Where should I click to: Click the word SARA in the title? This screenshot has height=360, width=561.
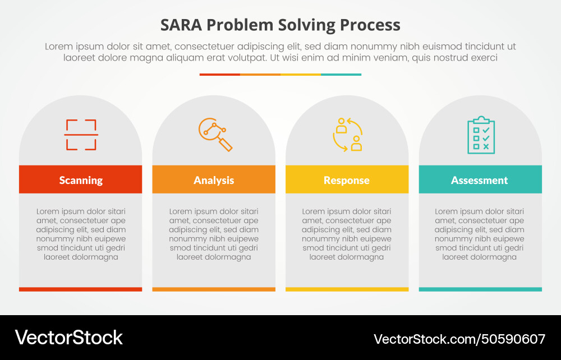pos(181,25)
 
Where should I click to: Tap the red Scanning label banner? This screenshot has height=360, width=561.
pos(80,179)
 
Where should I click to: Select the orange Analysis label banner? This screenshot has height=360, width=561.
pos(214,179)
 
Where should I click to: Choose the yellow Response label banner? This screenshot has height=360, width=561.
pos(347,179)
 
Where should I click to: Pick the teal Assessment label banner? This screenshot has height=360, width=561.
pos(480,179)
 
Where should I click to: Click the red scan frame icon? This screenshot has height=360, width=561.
pos(81,135)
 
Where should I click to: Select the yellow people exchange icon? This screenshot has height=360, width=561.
pos(347,135)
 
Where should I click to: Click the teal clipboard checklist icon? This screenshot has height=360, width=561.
pos(481,135)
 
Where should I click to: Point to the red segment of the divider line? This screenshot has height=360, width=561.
pos(219,74)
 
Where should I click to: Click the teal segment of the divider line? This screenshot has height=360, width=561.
pos(341,74)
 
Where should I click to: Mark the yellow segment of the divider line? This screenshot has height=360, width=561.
pos(301,74)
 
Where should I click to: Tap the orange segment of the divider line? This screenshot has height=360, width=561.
pos(260,74)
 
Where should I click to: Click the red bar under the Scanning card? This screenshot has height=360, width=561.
pos(80,289)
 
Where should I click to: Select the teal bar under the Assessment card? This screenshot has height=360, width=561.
pos(480,289)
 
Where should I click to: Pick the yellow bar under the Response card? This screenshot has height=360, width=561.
pos(347,289)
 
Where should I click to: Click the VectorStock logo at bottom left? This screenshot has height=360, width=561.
pos(68,338)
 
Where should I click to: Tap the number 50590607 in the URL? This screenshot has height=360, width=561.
pos(513,339)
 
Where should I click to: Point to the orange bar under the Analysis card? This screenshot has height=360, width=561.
pos(214,289)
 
